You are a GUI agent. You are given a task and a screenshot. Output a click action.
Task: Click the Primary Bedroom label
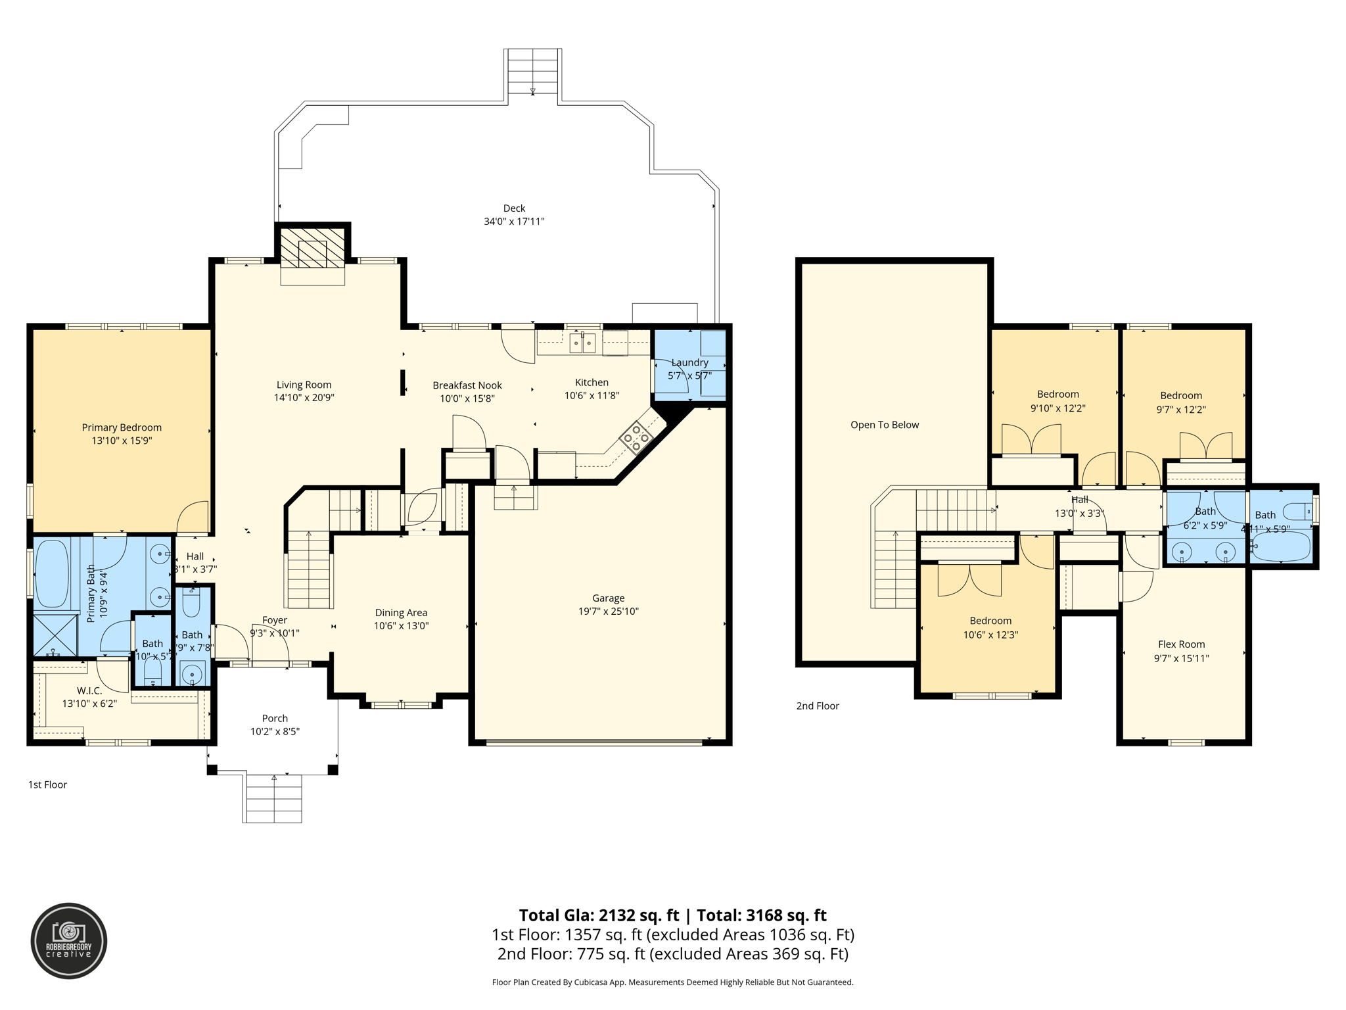click(122, 427)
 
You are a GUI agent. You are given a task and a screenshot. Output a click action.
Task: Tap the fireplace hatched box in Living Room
click(313, 247)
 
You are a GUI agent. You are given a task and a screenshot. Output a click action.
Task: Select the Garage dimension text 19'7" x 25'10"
click(608, 612)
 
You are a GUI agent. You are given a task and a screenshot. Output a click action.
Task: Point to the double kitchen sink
click(582, 343)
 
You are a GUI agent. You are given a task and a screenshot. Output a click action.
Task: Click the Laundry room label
click(689, 362)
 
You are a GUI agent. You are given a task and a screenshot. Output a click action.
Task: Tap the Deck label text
click(514, 208)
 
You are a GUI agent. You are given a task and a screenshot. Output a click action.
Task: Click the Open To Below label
click(885, 425)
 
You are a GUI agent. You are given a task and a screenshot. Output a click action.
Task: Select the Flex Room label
click(1181, 644)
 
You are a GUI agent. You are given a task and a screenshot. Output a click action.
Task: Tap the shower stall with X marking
click(55, 635)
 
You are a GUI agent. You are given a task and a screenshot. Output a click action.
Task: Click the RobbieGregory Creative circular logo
click(69, 941)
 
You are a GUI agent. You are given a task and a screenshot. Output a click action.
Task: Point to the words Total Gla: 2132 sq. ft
click(599, 915)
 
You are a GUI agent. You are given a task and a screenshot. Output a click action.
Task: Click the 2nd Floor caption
click(818, 706)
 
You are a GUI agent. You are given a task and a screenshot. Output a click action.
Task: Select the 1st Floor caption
click(47, 784)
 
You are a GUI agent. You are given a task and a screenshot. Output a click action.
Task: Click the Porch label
click(275, 718)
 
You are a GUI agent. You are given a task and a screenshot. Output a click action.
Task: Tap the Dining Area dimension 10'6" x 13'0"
click(401, 626)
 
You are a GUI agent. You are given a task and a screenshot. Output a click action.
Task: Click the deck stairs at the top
click(532, 71)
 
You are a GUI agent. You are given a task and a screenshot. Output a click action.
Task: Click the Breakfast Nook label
click(467, 385)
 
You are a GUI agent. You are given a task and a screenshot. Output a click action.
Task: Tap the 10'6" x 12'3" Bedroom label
click(990, 635)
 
